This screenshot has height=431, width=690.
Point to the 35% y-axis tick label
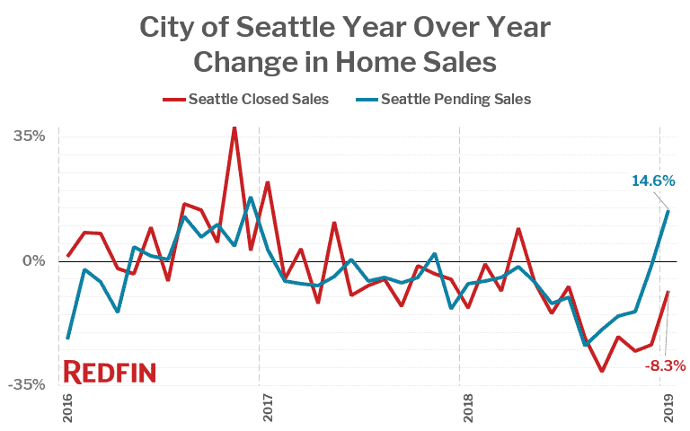[28, 136]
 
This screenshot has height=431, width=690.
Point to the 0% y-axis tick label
[34, 261]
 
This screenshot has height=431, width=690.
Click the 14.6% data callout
[652, 181]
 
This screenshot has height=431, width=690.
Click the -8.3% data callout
[665, 365]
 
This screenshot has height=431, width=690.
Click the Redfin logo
[110, 372]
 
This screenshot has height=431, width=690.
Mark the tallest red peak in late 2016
[234, 128]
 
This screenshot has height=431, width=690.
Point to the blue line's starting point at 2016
[67, 339]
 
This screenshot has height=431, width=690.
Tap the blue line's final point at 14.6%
[668, 211]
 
